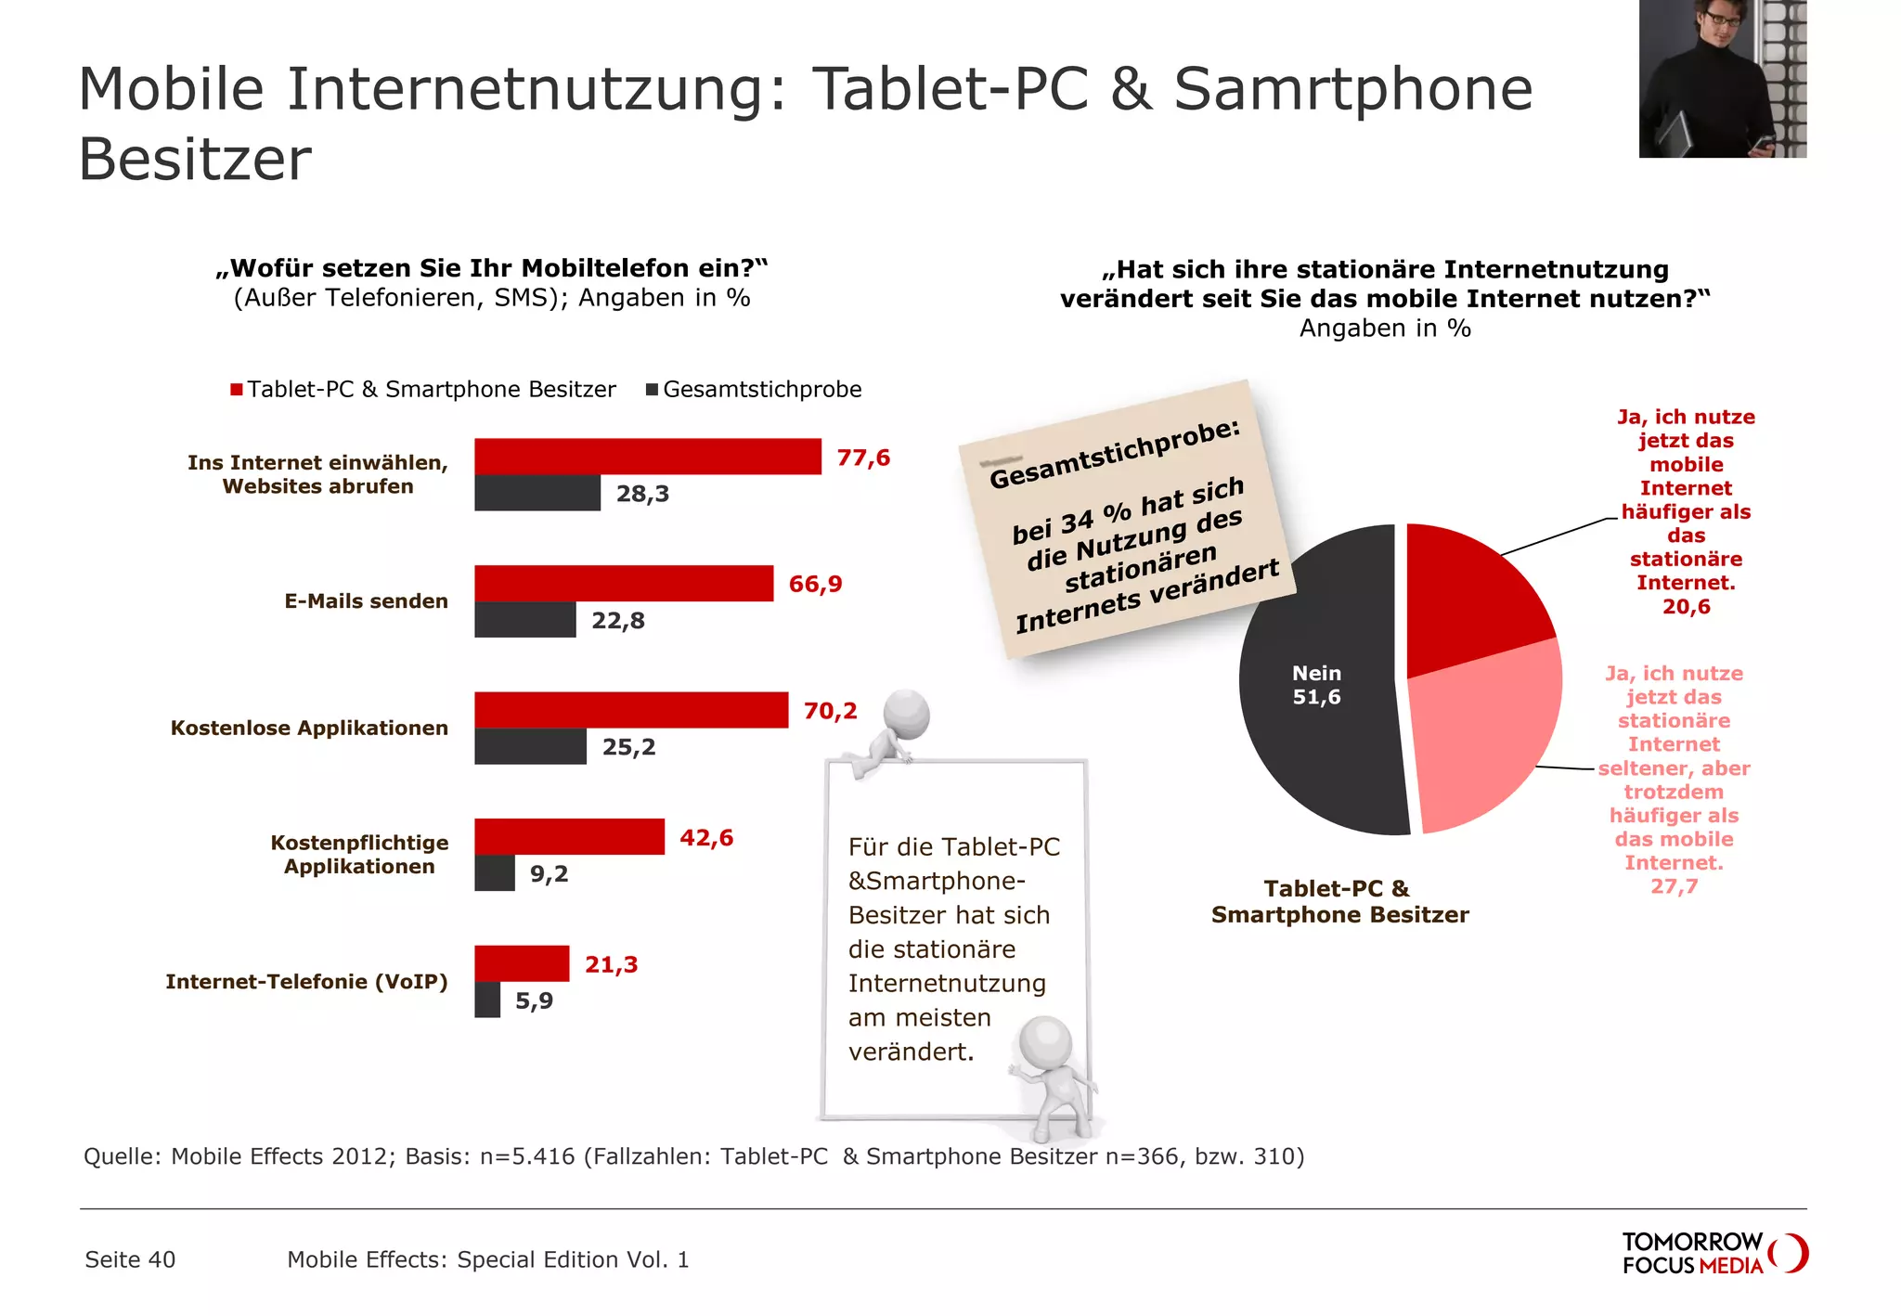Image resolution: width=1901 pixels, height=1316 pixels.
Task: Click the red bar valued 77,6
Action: tap(647, 457)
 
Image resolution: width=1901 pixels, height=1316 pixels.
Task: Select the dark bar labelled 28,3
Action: tap(537, 493)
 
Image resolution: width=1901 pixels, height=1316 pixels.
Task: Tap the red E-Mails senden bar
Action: tap(623, 583)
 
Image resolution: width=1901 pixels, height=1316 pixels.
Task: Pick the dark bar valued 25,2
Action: tap(530, 746)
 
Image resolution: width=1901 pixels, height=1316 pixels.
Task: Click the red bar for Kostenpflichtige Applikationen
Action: tap(569, 836)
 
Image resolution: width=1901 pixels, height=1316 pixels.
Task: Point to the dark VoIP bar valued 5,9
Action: tap(487, 1000)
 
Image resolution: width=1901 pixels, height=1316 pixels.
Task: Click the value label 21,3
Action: tap(612, 965)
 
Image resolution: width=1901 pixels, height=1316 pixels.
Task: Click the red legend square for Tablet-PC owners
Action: tap(237, 390)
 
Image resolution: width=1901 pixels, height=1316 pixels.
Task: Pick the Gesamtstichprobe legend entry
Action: tap(754, 390)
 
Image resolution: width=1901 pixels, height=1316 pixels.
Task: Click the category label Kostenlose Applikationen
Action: tap(309, 729)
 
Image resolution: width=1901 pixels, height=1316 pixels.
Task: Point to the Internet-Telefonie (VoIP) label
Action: tap(306, 982)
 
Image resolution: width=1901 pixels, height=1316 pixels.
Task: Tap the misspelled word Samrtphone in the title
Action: tap(1352, 90)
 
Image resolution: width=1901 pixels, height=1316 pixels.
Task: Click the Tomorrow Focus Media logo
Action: tap(1713, 1253)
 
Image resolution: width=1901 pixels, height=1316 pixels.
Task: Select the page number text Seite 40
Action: tap(130, 1259)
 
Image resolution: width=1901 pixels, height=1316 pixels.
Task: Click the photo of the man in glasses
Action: tap(1722, 79)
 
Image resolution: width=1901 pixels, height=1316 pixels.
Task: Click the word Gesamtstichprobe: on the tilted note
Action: tap(1114, 454)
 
